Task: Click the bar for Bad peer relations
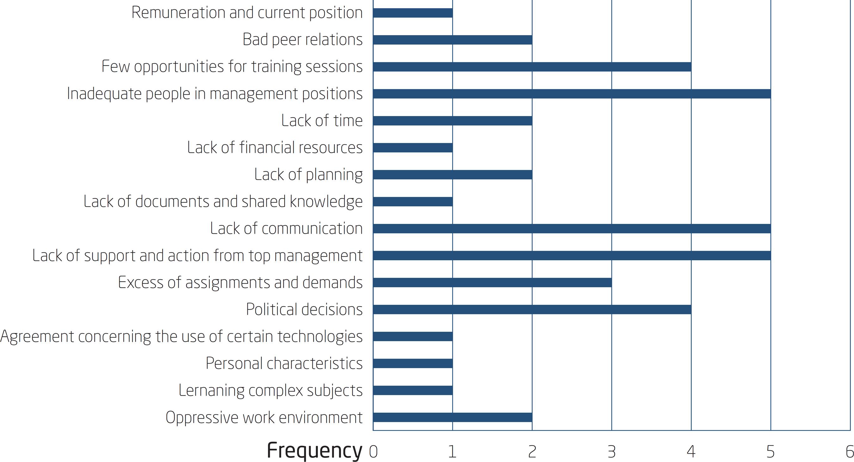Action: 453,40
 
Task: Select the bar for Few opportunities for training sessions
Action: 532,67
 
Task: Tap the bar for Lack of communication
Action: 572,228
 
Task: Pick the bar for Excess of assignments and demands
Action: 492,282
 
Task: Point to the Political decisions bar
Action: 532,309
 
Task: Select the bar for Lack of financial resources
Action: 413,147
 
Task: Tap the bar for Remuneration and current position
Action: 413,13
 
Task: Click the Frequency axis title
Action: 314,451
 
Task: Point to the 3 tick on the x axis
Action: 612,451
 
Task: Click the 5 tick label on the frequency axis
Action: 770,451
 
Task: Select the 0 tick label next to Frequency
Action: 373,451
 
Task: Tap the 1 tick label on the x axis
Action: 452,451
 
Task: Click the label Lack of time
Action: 322,120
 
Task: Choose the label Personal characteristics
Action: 284,363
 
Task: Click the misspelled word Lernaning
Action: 211,391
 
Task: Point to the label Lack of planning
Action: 308,175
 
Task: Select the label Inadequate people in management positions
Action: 214,94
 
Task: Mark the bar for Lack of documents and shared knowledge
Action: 413,201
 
